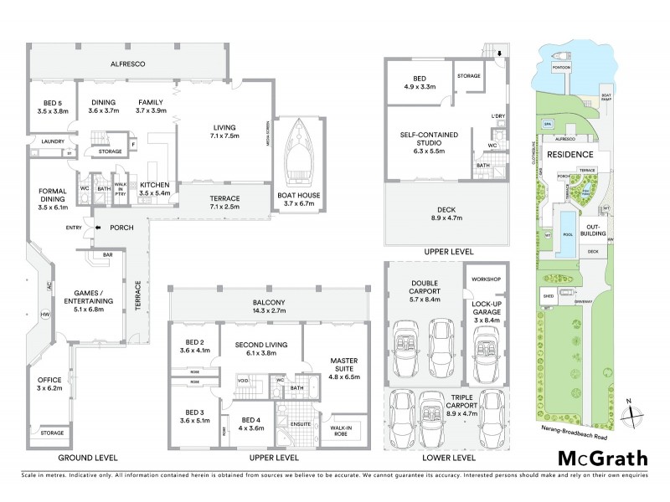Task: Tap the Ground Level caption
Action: pos(87,458)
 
